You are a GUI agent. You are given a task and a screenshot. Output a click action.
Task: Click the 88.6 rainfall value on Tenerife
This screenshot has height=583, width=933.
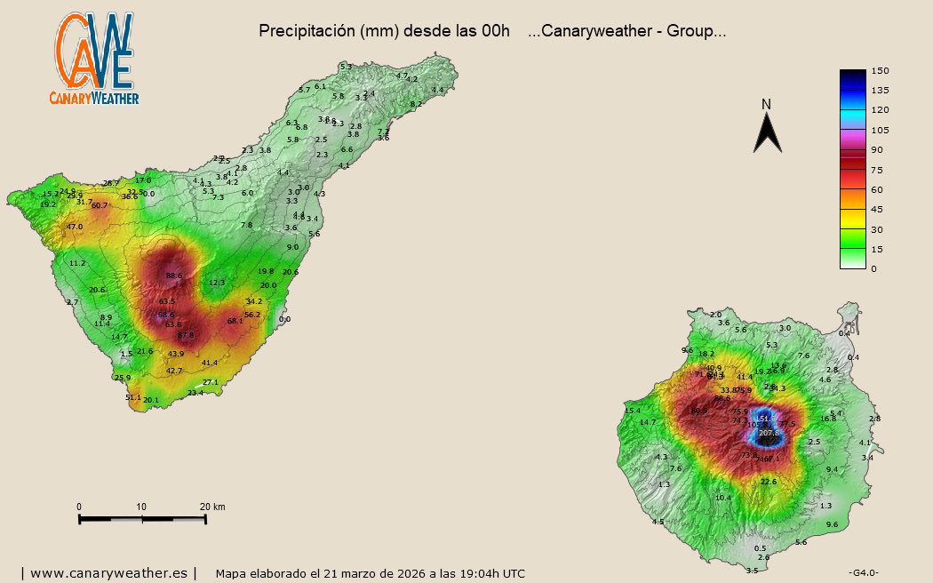pyautogui.click(x=174, y=276)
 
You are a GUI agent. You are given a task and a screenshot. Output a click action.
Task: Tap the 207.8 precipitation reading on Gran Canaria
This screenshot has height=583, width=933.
pyautogui.click(x=769, y=433)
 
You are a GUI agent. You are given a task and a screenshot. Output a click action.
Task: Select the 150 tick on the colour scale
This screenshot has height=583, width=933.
pyautogui.click(x=880, y=71)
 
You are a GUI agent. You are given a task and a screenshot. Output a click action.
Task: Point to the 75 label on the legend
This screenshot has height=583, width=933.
pyautogui.click(x=878, y=170)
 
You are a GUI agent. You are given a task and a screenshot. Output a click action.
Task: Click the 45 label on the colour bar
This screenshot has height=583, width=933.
pyautogui.click(x=878, y=210)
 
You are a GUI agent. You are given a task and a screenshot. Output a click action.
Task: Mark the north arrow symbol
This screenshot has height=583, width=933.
pyautogui.click(x=767, y=133)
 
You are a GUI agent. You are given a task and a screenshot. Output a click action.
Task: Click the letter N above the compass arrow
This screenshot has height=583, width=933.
pyautogui.click(x=767, y=105)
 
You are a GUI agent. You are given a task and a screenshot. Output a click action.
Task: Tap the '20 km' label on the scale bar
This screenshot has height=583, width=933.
pyautogui.click(x=212, y=507)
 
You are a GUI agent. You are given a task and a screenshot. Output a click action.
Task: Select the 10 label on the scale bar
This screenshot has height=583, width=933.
pyautogui.click(x=141, y=507)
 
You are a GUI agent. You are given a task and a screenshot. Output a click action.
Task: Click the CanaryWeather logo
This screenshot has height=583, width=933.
pyautogui.click(x=96, y=59)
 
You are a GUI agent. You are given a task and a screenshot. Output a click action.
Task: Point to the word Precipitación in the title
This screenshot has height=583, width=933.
pyautogui.click(x=306, y=31)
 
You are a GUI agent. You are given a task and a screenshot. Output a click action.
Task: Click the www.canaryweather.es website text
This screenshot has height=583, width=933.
pyautogui.click(x=108, y=573)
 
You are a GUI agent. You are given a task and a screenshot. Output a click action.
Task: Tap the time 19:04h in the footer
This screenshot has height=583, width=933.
pyautogui.click(x=473, y=574)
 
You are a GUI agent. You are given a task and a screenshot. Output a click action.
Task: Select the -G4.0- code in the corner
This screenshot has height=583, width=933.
pyautogui.click(x=864, y=571)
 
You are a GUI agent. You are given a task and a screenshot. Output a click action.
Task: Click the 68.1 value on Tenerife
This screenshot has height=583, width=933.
pyautogui.click(x=235, y=321)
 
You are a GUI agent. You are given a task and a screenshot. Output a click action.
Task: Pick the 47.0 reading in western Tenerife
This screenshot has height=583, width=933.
pyautogui.click(x=75, y=228)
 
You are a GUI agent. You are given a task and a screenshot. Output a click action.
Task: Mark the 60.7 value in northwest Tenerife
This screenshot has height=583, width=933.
pyautogui.click(x=100, y=205)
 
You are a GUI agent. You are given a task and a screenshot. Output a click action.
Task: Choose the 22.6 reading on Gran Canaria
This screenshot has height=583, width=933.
pyautogui.click(x=769, y=482)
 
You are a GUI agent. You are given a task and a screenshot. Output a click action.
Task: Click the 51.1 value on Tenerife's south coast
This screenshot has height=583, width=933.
pyautogui.click(x=133, y=397)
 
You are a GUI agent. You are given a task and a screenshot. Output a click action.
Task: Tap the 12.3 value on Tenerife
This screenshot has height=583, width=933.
pyautogui.click(x=217, y=283)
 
